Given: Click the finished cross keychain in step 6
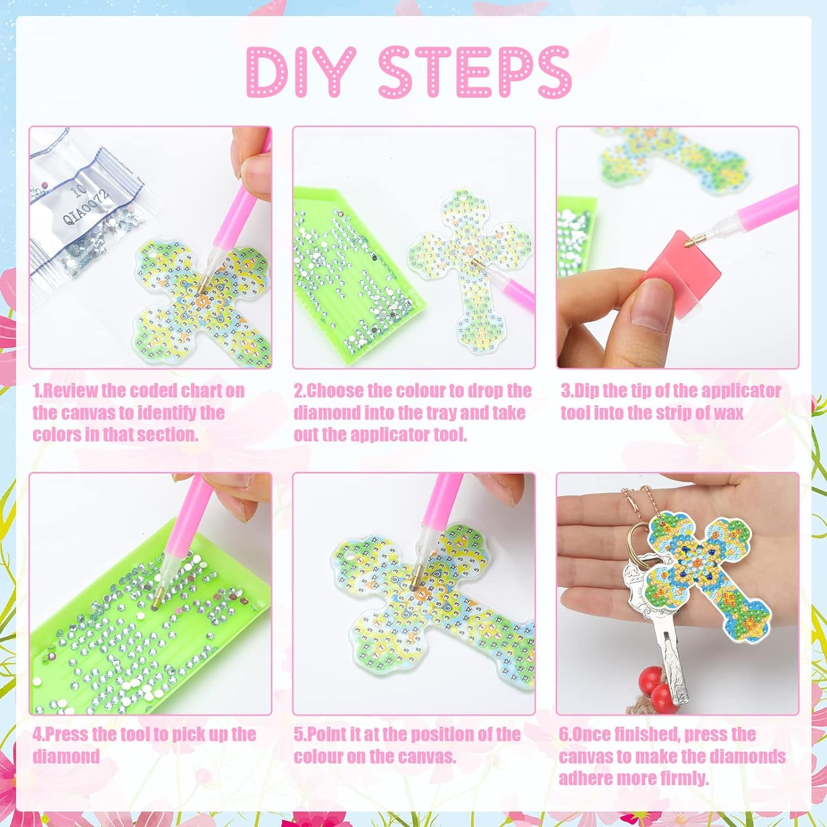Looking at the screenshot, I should point(703,579).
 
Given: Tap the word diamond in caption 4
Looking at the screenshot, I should point(66,756).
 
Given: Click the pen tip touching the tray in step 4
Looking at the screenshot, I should point(156,605).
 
